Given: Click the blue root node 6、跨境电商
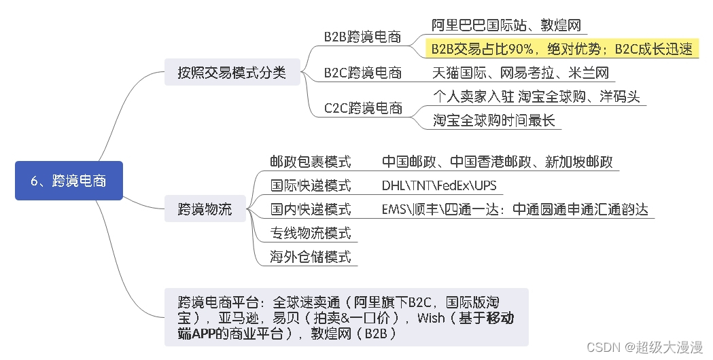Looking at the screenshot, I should click(x=69, y=181).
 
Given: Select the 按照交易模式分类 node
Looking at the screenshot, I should click(x=232, y=72).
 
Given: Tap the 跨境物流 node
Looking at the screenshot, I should click(x=205, y=209).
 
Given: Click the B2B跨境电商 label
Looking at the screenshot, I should click(x=362, y=37).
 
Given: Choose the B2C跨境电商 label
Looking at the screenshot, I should click(x=362, y=73).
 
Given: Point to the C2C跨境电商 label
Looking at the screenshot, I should click(x=362, y=108).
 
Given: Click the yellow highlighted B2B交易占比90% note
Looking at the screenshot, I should click(x=561, y=49).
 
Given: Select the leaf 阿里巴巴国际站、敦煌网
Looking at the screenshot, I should click(x=506, y=26).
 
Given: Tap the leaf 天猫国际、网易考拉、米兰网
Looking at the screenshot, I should click(x=521, y=73).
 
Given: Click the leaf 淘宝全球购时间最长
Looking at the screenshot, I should click(x=494, y=120).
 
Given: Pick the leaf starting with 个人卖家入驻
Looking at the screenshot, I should click(x=536, y=96).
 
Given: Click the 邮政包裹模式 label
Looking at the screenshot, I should click(x=310, y=162).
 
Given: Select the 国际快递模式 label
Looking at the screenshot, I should click(x=310, y=185).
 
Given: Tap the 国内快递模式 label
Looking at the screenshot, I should click(x=310, y=209).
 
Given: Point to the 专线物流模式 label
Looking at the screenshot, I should click(x=310, y=233).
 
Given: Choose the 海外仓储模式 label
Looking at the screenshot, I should click(x=310, y=257).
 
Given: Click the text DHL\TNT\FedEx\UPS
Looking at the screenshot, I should click(x=439, y=185).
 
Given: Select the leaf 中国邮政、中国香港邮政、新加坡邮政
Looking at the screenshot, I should click(x=497, y=162).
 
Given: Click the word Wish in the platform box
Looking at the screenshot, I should click(x=431, y=318).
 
